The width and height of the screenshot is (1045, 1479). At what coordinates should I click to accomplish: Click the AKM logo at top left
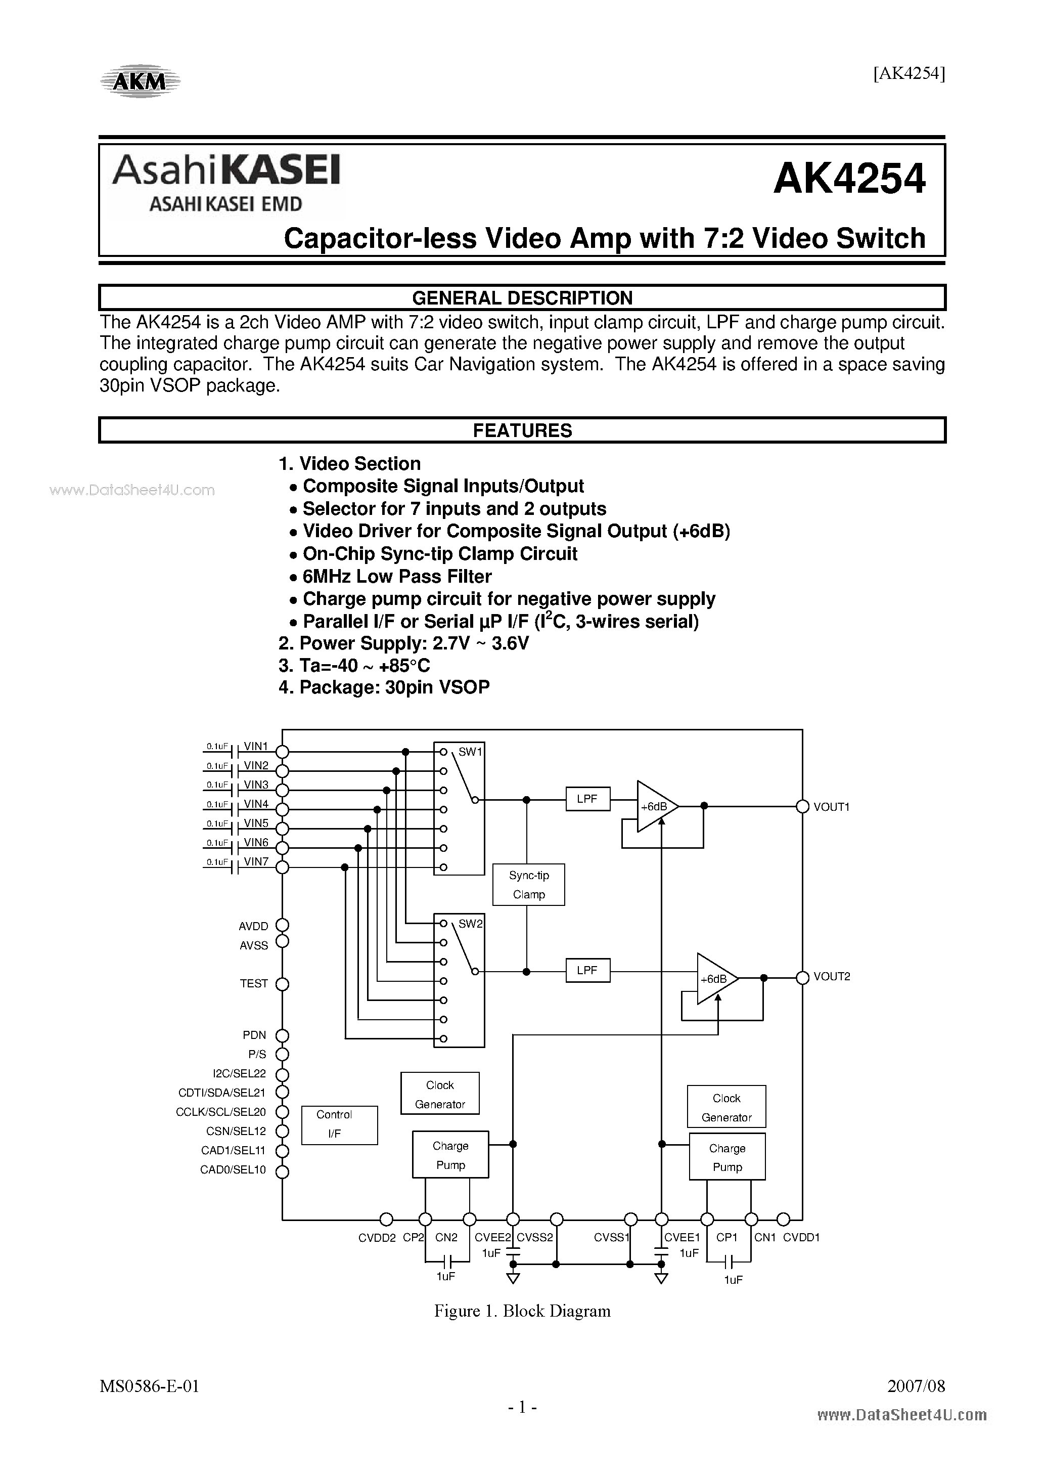pos(141,80)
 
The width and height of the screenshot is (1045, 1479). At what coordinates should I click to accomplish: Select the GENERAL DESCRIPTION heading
pos(522,297)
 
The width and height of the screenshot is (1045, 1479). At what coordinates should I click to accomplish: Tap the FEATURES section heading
pos(522,430)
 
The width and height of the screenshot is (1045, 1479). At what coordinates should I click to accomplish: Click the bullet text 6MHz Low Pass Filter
pos(397,576)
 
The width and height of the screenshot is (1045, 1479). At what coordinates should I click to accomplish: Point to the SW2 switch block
pos(459,980)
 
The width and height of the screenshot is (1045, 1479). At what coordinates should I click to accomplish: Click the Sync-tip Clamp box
pos(529,885)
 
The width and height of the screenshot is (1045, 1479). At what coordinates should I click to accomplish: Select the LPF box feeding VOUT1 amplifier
pos(587,799)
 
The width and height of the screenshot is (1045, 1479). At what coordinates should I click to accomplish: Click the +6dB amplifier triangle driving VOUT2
pos(715,978)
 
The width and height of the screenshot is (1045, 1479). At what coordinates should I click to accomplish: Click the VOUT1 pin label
pos(831,806)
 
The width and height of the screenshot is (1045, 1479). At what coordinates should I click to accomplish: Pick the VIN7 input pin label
pos(256,861)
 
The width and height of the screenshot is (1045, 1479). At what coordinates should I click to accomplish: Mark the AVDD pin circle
pos(282,925)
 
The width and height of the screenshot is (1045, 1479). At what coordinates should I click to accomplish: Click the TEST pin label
pos(254,984)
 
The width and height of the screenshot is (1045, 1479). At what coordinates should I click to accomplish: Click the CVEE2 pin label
pos(492,1237)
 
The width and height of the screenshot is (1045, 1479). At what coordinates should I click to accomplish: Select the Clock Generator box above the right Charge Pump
pos(726,1107)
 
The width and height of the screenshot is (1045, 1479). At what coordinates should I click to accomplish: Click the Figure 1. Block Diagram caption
pos(522,1311)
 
